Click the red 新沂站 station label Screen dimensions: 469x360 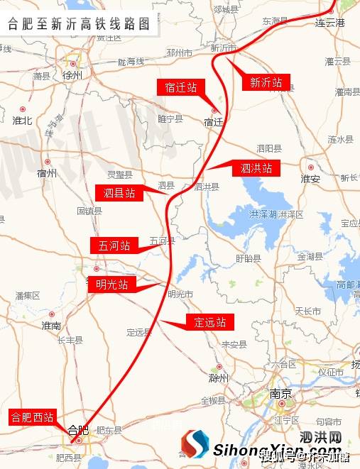pyautogui.click(x=266, y=83)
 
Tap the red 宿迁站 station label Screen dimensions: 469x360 pyautogui.click(x=180, y=88)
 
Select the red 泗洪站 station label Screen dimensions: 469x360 pyautogui.click(x=256, y=169)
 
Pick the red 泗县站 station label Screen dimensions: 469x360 pyautogui.click(x=119, y=192)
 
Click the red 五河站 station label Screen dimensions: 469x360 pyautogui.click(x=114, y=245)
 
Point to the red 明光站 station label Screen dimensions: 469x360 pyautogui.click(x=112, y=285)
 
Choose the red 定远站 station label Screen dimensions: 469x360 pyautogui.click(x=210, y=322)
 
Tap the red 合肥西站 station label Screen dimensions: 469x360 pyautogui.click(x=32, y=417)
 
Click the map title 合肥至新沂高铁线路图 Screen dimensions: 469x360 pyautogui.click(x=79, y=23)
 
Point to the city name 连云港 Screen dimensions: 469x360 pyautogui.click(x=329, y=23)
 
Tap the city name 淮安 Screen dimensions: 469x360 pyautogui.click(x=310, y=178)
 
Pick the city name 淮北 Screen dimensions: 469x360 pyautogui.click(x=23, y=120)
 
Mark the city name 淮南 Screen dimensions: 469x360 pyautogui.click(x=51, y=325)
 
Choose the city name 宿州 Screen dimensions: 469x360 pyautogui.click(x=47, y=172)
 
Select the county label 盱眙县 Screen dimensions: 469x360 pyautogui.click(x=248, y=258)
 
